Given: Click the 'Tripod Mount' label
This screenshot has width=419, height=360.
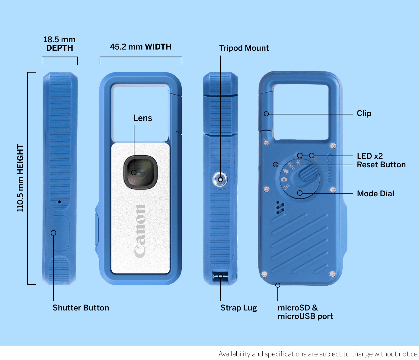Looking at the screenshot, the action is pos(244,48).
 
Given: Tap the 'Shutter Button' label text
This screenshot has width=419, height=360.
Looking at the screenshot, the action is pos(81,308).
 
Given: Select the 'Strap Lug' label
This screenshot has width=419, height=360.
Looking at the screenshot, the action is pos(238,308).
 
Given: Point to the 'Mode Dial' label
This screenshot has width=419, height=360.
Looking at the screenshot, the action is pos(376,194).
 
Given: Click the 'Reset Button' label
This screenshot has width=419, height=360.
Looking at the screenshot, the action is pos(381,165).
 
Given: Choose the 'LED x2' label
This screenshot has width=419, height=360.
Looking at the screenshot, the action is pos(370,156).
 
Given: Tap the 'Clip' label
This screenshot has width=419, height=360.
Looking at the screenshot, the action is pos(364,113).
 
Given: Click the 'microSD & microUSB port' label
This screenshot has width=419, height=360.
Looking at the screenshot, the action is pos(305,312).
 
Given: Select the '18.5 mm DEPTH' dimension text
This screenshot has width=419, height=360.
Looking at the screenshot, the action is pos(59,43).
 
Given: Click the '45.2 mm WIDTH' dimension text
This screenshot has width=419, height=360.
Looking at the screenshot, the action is pos(140,47).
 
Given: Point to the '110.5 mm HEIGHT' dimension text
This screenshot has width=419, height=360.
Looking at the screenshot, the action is pos(20,178).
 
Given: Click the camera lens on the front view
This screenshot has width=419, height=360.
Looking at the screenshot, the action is pos(140,172).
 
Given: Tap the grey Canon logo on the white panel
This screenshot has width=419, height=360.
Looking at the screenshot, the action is pos(140,231).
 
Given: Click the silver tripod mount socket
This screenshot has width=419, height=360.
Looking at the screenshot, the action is pos(220,179).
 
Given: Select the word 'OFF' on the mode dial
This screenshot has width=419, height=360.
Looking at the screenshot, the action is pos(287,186).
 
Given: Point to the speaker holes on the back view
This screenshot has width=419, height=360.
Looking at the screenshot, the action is pos(280,208).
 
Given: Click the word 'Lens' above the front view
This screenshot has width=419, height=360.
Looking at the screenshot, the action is pos(142,118).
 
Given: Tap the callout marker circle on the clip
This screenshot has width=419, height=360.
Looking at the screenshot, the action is pos(266,114).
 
